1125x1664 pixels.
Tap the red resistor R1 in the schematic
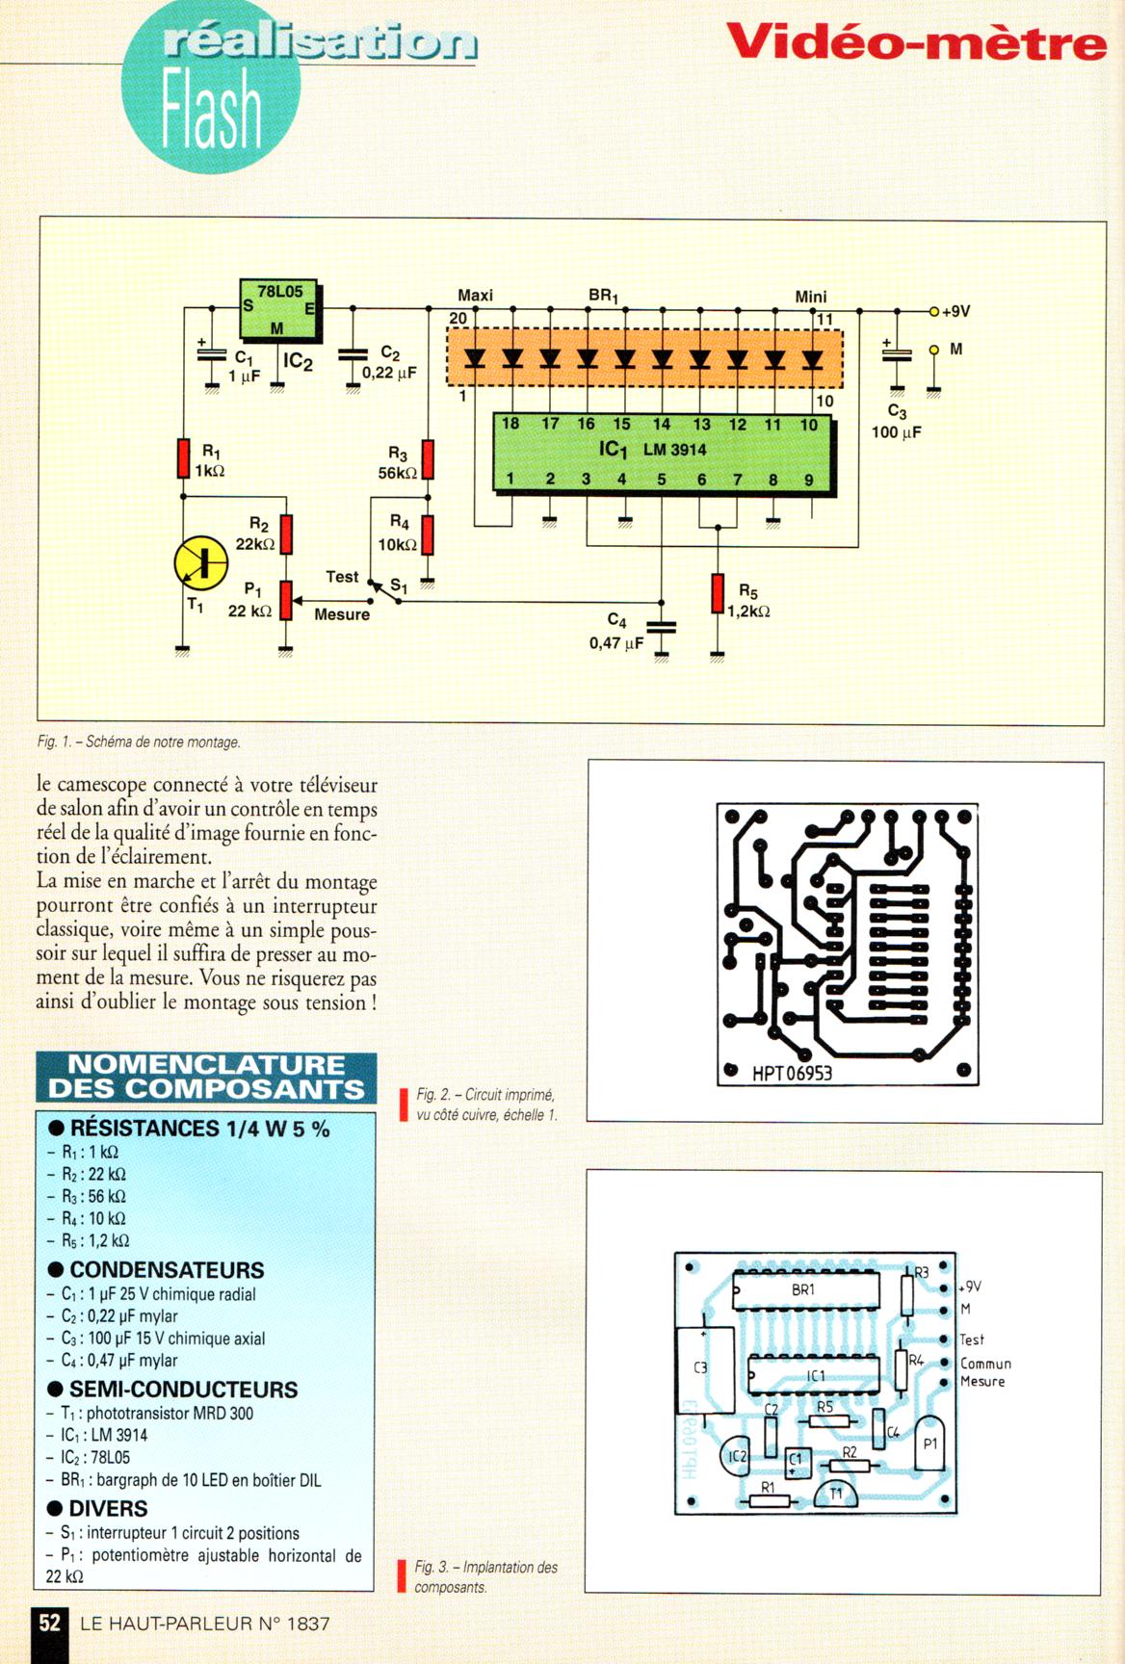tap(183, 458)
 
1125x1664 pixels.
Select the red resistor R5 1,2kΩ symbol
tap(718, 593)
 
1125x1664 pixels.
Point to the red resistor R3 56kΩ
tap(428, 459)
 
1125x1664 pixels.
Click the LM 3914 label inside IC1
tap(674, 450)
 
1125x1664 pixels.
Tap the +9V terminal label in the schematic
tap(955, 312)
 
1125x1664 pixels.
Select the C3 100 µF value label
tap(896, 432)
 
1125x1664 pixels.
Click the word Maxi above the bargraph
tap(475, 296)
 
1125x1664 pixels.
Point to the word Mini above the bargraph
tap(810, 297)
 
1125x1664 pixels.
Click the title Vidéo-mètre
tap(915, 42)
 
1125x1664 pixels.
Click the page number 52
tap(49, 1623)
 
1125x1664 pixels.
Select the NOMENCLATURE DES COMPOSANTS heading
tap(206, 1077)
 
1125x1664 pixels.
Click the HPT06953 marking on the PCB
tap(792, 1073)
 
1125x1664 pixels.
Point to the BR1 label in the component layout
tap(803, 1289)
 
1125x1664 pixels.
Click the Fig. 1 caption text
tap(139, 742)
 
